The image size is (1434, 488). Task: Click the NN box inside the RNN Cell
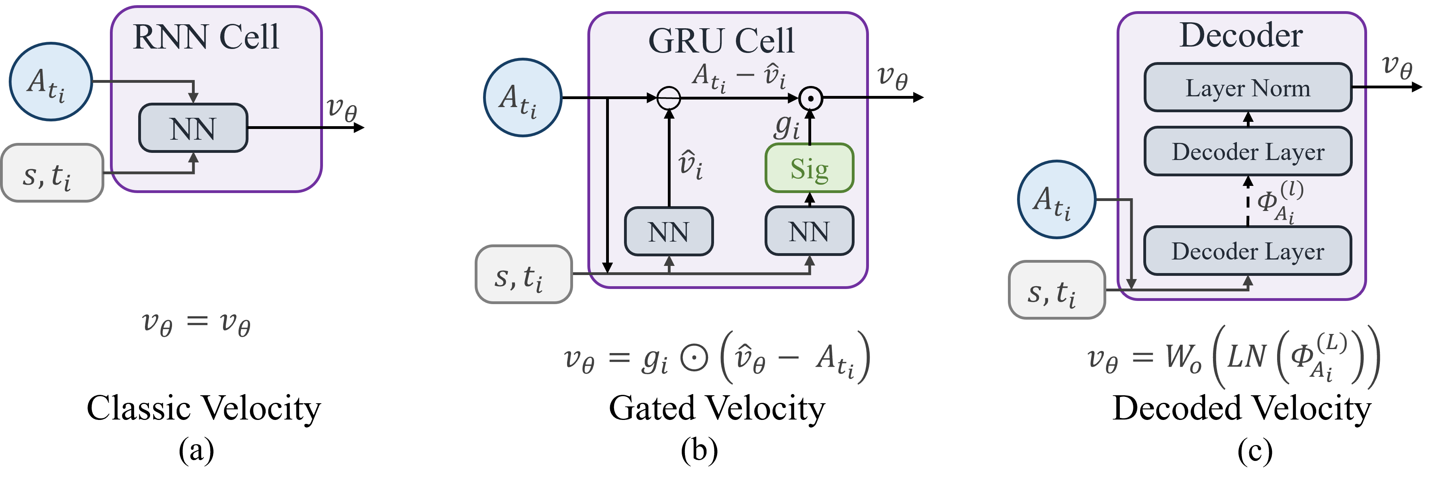coord(193,128)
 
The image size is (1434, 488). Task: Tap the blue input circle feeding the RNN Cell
coord(50,82)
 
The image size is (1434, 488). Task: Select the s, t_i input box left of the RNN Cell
coord(52,173)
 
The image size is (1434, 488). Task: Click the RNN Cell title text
coord(205,37)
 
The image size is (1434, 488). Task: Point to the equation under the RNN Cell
coord(196,323)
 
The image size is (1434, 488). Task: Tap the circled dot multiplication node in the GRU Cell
coord(810,98)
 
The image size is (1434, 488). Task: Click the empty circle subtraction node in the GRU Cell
coord(669,98)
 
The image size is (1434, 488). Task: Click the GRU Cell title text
coord(722,41)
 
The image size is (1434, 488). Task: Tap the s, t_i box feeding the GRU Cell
coord(523,274)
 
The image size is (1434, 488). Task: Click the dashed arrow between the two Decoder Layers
coord(1248,201)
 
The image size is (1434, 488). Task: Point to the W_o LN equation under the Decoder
coord(1233,356)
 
